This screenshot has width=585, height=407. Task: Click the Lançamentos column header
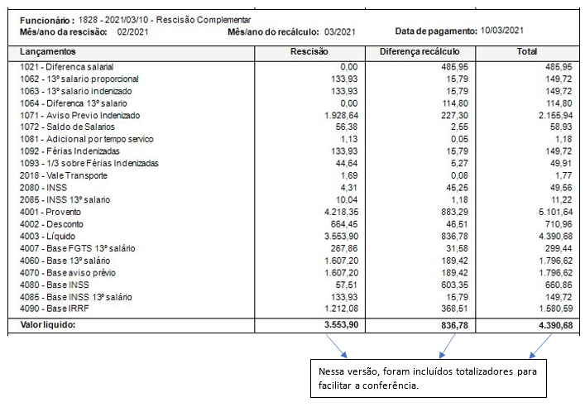tap(48, 51)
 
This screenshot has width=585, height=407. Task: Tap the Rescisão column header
tap(309, 51)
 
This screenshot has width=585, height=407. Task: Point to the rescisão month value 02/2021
tap(132, 31)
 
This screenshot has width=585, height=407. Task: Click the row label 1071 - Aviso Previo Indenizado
tap(80, 115)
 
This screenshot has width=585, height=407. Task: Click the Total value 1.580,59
tap(551, 309)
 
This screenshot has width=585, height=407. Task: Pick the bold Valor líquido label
tap(48, 325)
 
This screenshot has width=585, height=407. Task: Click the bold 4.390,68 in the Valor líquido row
tap(549, 325)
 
